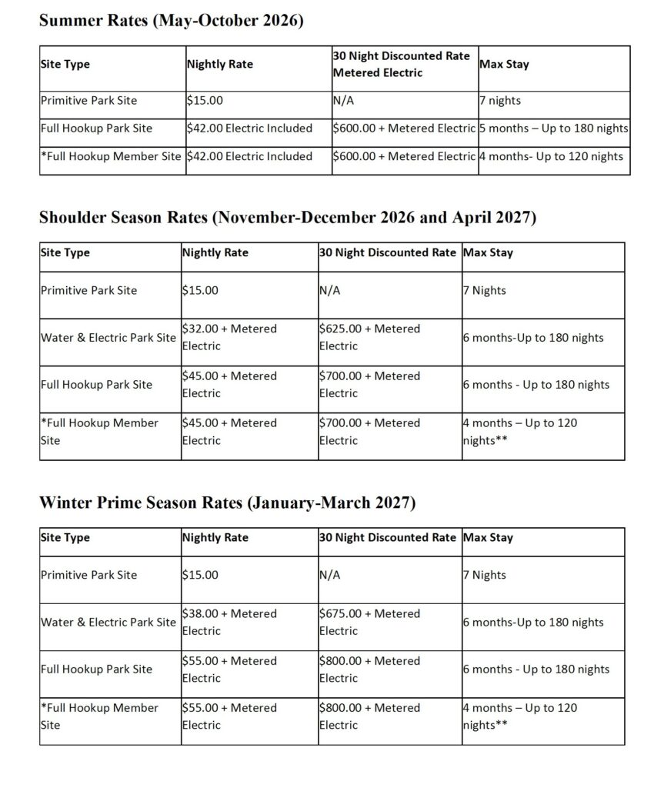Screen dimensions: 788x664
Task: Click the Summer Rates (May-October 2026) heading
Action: [x=171, y=21]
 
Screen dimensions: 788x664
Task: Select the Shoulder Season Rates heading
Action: [x=287, y=218]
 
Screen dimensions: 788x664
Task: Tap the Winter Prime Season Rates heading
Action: [x=227, y=503]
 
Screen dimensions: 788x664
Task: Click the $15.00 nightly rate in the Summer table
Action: [x=203, y=100]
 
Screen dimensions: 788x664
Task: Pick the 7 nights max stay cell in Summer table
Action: [x=499, y=100]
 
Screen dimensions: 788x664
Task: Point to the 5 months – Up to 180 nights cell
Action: [x=553, y=129]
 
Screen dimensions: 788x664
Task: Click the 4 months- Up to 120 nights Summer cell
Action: [x=551, y=157]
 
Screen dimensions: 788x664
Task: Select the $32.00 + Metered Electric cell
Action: [x=229, y=337]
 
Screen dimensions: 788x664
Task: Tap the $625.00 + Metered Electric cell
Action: [x=369, y=337]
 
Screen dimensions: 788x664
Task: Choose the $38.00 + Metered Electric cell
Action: [x=229, y=622]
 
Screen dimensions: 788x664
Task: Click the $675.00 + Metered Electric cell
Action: [x=369, y=622]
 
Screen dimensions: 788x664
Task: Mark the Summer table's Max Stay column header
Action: [x=504, y=65]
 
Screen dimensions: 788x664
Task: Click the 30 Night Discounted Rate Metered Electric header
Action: [x=401, y=65]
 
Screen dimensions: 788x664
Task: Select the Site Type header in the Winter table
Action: [x=65, y=538]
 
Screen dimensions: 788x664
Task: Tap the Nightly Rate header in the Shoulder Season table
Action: [x=215, y=252]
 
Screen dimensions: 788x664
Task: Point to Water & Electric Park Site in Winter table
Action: [x=108, y=622]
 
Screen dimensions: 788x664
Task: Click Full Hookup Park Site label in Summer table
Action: [x=96, y=129]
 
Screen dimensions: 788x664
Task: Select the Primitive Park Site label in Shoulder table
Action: [x=88, y=290]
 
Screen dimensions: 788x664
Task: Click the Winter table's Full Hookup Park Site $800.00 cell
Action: [x=369, y=669]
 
